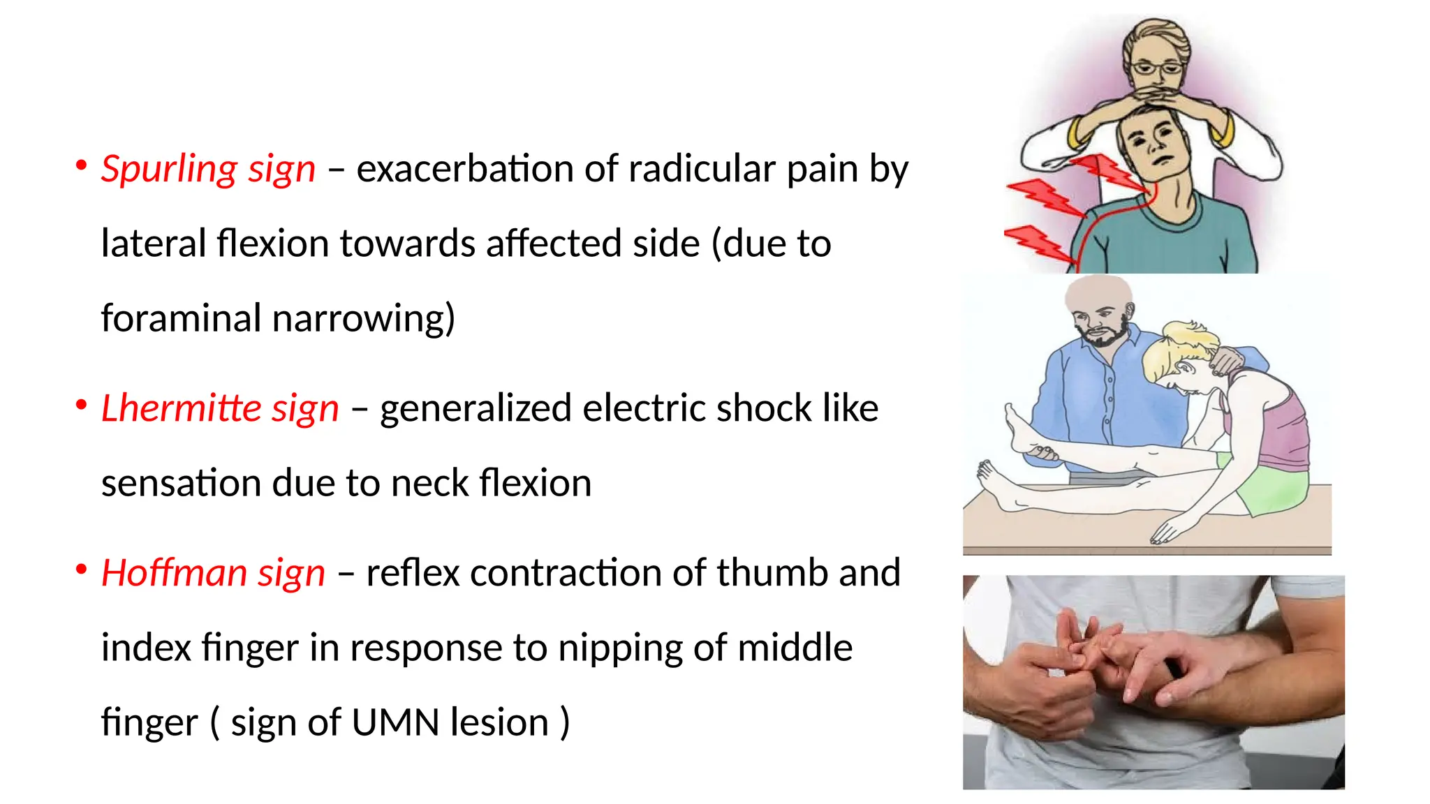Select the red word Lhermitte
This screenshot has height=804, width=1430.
[180, 408]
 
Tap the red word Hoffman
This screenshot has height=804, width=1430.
[174, 573]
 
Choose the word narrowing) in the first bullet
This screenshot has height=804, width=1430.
[364, 320]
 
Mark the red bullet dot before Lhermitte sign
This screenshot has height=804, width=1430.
[82, 405]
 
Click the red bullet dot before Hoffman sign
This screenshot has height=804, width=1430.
[82, 569]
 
